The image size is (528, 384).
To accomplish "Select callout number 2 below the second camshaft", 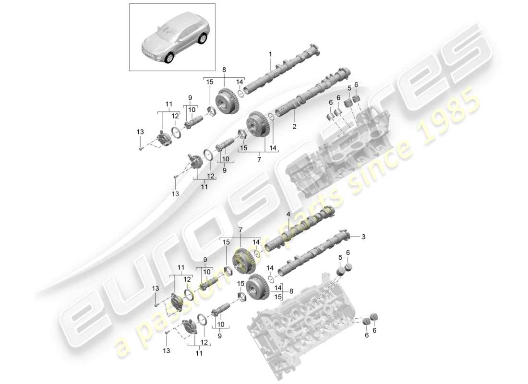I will pyautogui.click(x=294, y=127).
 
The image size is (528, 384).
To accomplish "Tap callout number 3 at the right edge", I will pyautogui.click(x=363, y=237).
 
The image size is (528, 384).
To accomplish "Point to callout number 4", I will pyautogui.click(x=288, y=214).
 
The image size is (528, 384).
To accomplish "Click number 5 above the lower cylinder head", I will pyautogui.click(x=341, y=258).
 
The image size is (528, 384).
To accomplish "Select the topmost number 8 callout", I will pyautogui.click(x=224, y=70).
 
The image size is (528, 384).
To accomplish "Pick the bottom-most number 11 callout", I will pyautogui.click(x=199, y=353).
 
